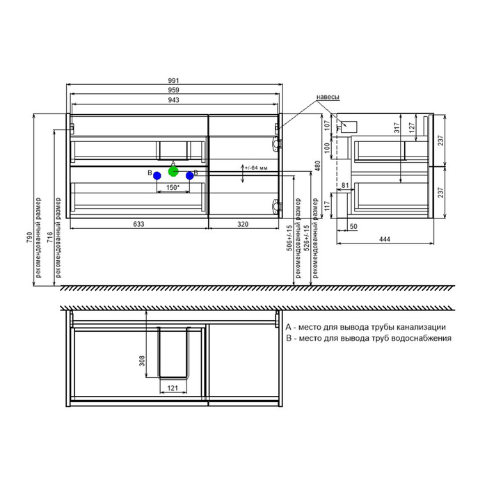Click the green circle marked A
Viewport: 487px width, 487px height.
(x=173, y=171)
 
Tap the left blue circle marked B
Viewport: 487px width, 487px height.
(x=157, y=176)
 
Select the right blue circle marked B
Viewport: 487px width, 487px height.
(x=189, y=176)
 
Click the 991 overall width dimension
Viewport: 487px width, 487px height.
(x=174, y=81)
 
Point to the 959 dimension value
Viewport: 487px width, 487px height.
(x=174, y=90)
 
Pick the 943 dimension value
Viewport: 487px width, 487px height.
(x=174, y=100)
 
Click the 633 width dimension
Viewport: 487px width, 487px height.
(x=138, y=224)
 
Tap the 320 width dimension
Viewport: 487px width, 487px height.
(x=243, y=224)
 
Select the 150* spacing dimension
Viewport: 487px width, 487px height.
(x=173, y=188)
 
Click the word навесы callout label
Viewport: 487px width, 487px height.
(x=328, y=97)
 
